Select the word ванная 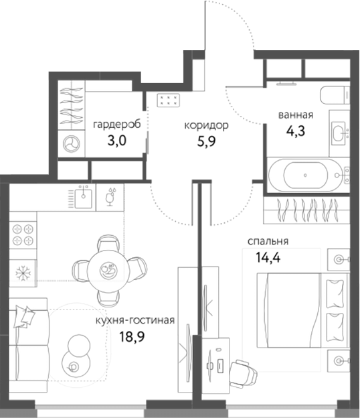coord(296,115)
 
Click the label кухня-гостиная coord(135,321)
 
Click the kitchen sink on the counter coord(83,196)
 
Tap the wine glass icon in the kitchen coord(110,195)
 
